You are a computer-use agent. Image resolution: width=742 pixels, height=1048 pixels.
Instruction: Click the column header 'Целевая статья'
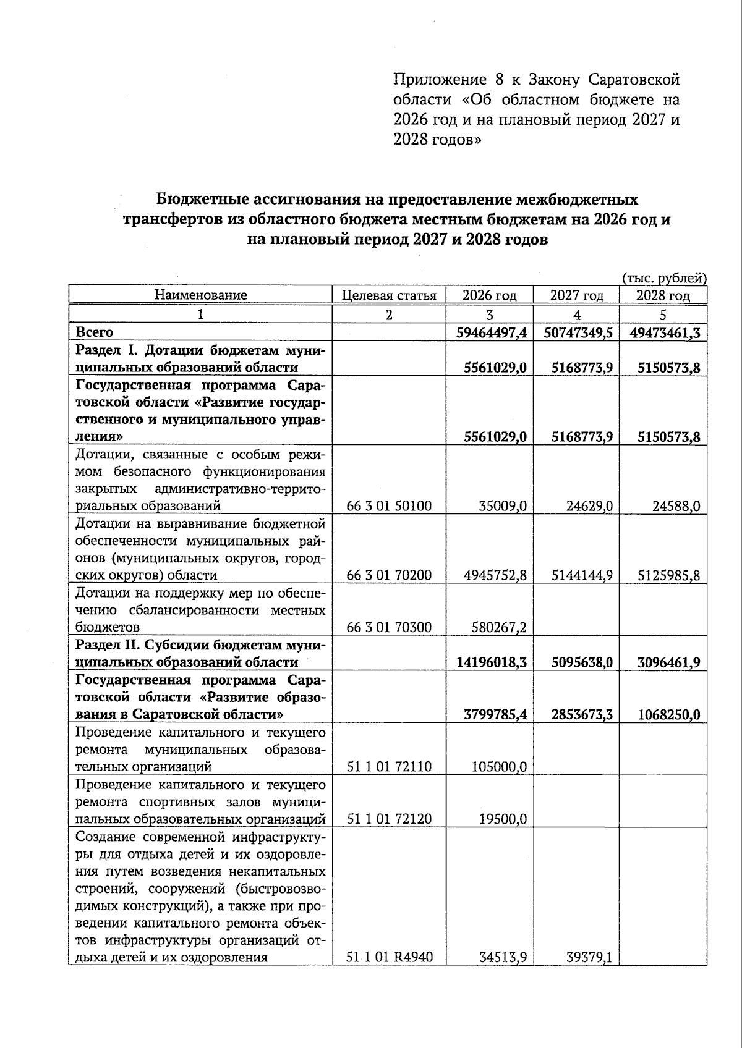click(389, 295)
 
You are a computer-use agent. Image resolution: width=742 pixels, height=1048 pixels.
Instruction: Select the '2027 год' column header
click(576, 295)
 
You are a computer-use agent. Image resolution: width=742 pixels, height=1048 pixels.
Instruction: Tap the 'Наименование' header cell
click(200, 295)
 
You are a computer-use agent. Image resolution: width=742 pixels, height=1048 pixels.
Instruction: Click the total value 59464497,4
click(492, 333)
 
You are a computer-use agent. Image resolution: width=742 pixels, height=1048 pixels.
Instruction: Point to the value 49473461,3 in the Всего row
click(665, 333)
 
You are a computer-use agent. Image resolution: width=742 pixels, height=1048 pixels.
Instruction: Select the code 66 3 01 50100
click(389, 507)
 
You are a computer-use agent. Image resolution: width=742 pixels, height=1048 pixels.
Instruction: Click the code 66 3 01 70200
click(389, 575)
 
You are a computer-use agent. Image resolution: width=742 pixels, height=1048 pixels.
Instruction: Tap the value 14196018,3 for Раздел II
click(492, 662)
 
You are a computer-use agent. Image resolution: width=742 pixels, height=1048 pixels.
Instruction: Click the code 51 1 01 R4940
click(390, 958)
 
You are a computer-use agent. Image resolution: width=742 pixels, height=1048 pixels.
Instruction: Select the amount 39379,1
click(589, 958)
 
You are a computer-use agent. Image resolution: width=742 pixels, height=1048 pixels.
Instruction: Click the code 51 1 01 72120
click(389, 819)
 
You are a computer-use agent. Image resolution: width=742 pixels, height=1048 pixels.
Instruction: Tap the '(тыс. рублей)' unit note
click(663, 278)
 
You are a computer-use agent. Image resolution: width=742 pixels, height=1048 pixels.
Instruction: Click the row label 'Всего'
click(94, 332)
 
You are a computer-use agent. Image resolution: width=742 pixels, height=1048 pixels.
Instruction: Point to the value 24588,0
click(676, 507)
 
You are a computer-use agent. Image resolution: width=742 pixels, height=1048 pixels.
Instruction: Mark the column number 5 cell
click(663, 315)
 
